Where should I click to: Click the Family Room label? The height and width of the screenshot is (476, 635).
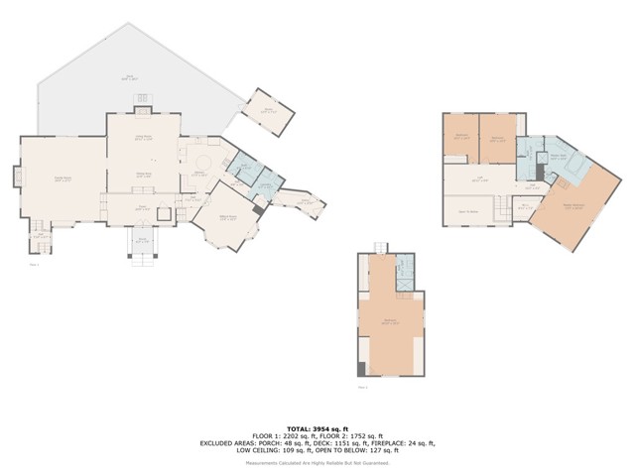click(x=62, y=178)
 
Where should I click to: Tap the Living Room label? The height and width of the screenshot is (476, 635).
click(x=143, y=138)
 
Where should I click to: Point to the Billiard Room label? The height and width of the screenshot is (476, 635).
click(x=226, y=219)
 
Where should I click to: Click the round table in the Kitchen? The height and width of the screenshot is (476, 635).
click(x=204, y=163)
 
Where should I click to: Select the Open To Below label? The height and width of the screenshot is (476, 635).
click(x=468, y=211)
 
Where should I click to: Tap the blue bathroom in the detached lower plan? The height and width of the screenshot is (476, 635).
click(x=404, y=273)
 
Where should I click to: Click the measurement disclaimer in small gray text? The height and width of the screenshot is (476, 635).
click(x=317, y=462)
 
